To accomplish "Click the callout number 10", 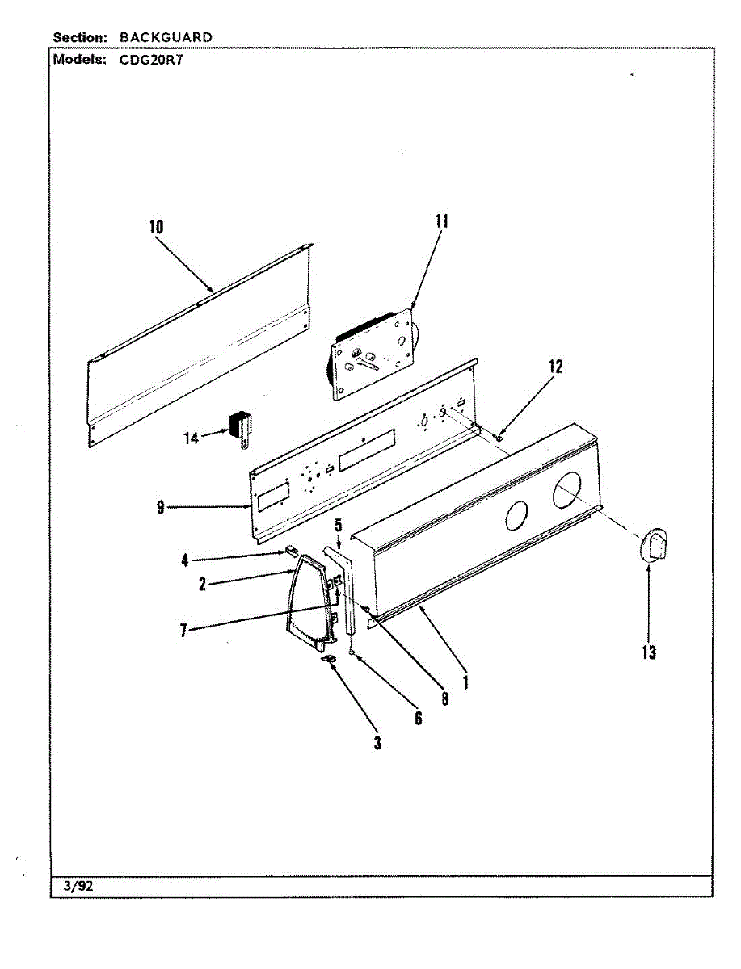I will click(156, 227).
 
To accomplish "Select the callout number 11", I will click(441, 221).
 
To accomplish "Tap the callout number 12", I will click(555, 366).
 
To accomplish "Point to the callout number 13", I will click(649, 652).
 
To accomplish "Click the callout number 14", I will click(191, 438).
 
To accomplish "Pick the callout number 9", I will click(161, 507).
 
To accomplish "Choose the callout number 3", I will click(377, 743).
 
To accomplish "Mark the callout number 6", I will click(418, 717).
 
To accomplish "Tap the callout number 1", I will click(466, 680).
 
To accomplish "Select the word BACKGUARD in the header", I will click(166, 37).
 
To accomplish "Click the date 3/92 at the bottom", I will click(79, 886).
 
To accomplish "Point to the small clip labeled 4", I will click(288, 552).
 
